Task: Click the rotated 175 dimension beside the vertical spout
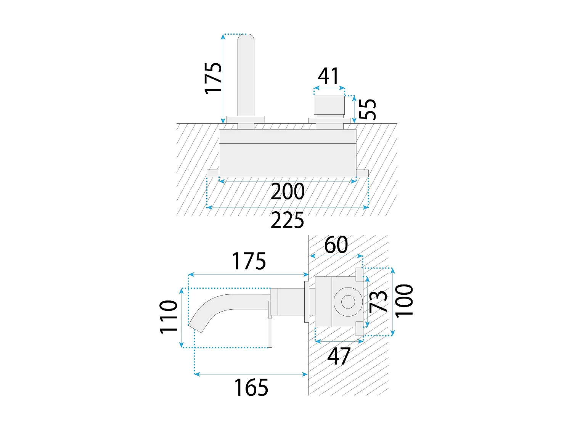[x=213, y=78]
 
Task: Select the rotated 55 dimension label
[x=368, y=109]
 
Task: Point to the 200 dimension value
[x=288, y=191]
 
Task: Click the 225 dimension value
[x=287, y=220]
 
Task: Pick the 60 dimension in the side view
[x=336, y=244]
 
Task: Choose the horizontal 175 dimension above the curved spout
[x=249, y=261]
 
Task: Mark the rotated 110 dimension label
[x=168, y=317]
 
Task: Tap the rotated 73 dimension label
[x=378, y=301]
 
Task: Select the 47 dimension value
[x=339, y=356]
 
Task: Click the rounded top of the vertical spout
[x=246, y=37]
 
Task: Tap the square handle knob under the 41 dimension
[x=329, y=105]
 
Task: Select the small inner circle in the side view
[x=348, y=302]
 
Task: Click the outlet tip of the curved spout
[x=195, y=328]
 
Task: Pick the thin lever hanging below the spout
[x=270, y=333]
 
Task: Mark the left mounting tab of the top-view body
[x=213, y=173]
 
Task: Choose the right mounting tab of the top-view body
[x=362, y=173]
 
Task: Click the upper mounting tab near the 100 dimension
[x=359, y=275]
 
